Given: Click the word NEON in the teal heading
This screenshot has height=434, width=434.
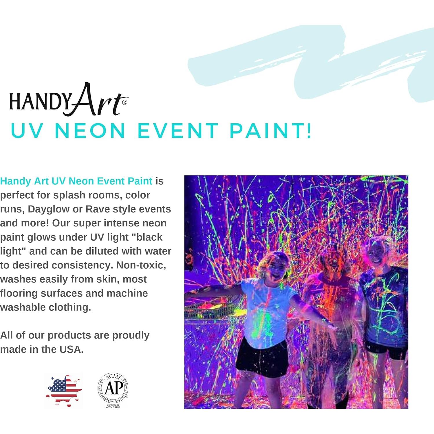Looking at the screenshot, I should coord(90,131).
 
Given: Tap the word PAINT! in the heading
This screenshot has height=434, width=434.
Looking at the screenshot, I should coord(271,131).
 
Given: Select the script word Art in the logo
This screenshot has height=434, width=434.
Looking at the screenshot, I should coord(96,100).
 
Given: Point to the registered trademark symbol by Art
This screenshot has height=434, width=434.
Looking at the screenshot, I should coord(125,102).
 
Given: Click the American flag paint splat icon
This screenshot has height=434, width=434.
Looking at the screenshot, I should coord(64,390).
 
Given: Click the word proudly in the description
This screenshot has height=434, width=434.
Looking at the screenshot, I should coord(131,335).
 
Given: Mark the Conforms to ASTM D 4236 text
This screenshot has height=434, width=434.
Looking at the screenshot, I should coord(113,406).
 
